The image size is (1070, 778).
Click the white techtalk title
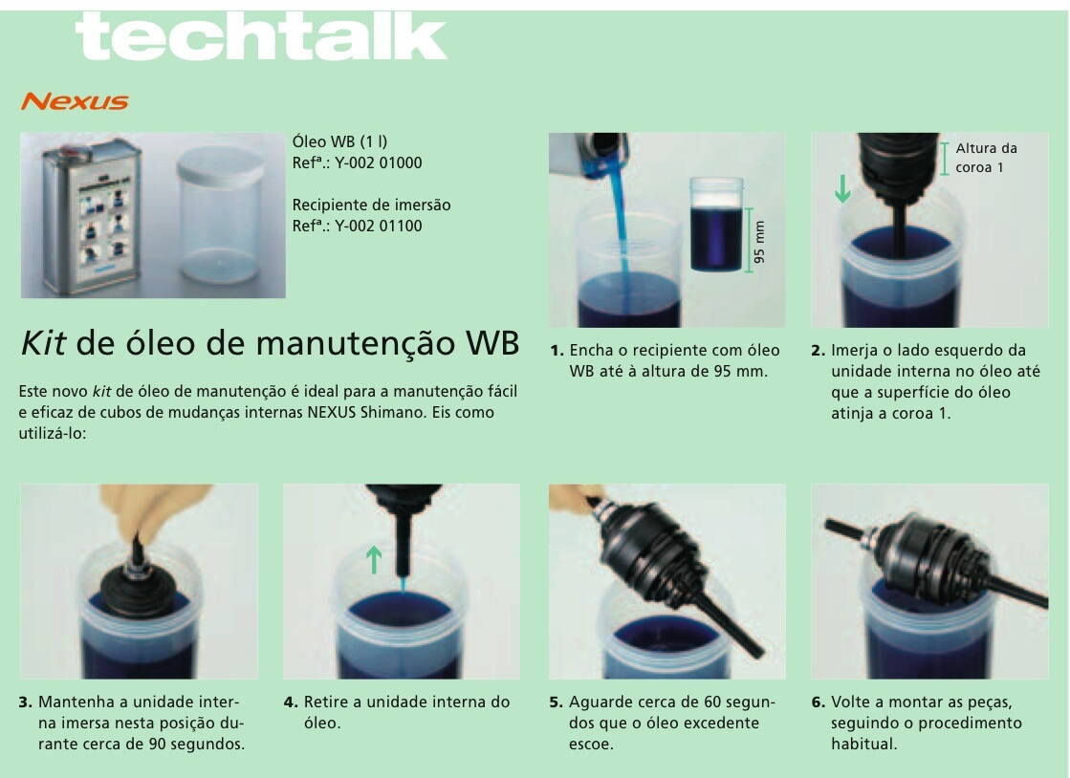261,37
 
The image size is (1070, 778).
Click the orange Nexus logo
75,101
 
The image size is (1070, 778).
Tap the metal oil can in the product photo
92,216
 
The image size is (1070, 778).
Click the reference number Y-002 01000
378,163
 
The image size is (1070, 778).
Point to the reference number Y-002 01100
378,226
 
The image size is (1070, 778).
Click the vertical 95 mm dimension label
759,242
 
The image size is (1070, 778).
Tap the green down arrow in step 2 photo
842,188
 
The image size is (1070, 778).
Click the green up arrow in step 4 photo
373,559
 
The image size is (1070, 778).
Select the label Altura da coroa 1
986,158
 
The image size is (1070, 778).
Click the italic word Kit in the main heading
43,342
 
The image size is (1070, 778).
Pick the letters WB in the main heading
491,342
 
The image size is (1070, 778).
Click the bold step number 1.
557,351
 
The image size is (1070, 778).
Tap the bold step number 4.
290,702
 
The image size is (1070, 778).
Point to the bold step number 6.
819,702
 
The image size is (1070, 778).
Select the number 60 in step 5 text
712,702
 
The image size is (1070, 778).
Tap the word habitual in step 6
863,744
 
